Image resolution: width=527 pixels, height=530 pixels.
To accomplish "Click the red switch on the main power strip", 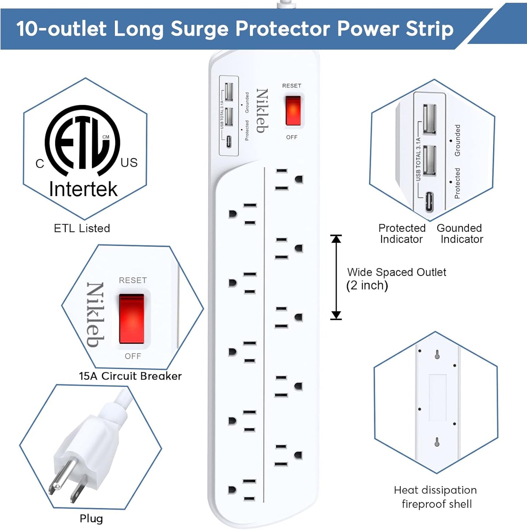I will [293, 111].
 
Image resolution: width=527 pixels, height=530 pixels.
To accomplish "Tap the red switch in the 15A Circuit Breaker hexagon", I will [132, 319].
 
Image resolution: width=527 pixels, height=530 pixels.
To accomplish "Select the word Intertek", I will [83, 189].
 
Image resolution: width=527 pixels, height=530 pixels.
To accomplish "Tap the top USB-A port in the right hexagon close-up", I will [429, 119].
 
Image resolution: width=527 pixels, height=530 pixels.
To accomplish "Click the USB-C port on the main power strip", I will [229, 141].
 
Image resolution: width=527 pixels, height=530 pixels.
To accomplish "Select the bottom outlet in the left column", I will [242, 490].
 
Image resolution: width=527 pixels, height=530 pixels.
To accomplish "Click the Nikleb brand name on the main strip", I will [262, 111].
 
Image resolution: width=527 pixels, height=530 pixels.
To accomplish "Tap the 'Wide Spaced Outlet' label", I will [396, 272].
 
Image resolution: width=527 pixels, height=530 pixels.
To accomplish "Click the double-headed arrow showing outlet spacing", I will [336, 277].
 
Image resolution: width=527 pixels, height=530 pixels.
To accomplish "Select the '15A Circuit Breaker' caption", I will [130, 376].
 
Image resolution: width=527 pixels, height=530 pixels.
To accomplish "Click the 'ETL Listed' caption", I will [82, 229].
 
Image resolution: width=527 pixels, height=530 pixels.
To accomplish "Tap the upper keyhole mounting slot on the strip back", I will [437, 354].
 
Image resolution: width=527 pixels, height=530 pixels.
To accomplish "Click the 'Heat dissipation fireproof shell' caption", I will [436, 497].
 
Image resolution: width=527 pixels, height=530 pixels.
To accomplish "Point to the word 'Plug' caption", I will [91, 518].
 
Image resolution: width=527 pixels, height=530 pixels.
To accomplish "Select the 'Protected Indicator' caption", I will [402, 234].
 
